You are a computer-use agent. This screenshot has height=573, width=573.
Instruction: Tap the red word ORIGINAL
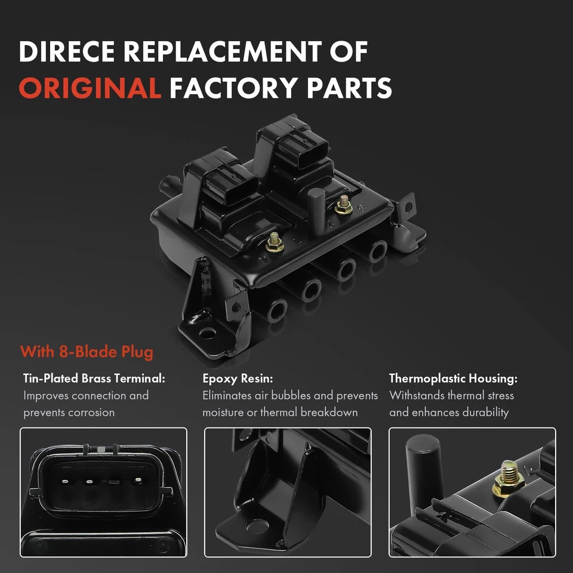click(89, 88)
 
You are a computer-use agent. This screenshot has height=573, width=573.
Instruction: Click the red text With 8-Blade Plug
click(87, 352)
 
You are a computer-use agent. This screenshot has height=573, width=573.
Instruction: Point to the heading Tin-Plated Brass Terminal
click(94, 378)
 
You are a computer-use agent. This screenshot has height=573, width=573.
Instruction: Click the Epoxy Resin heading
click(237, 378)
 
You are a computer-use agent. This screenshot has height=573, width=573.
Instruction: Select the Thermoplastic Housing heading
click(453, 378)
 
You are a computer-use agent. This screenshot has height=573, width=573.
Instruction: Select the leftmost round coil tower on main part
click(278, 310)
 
